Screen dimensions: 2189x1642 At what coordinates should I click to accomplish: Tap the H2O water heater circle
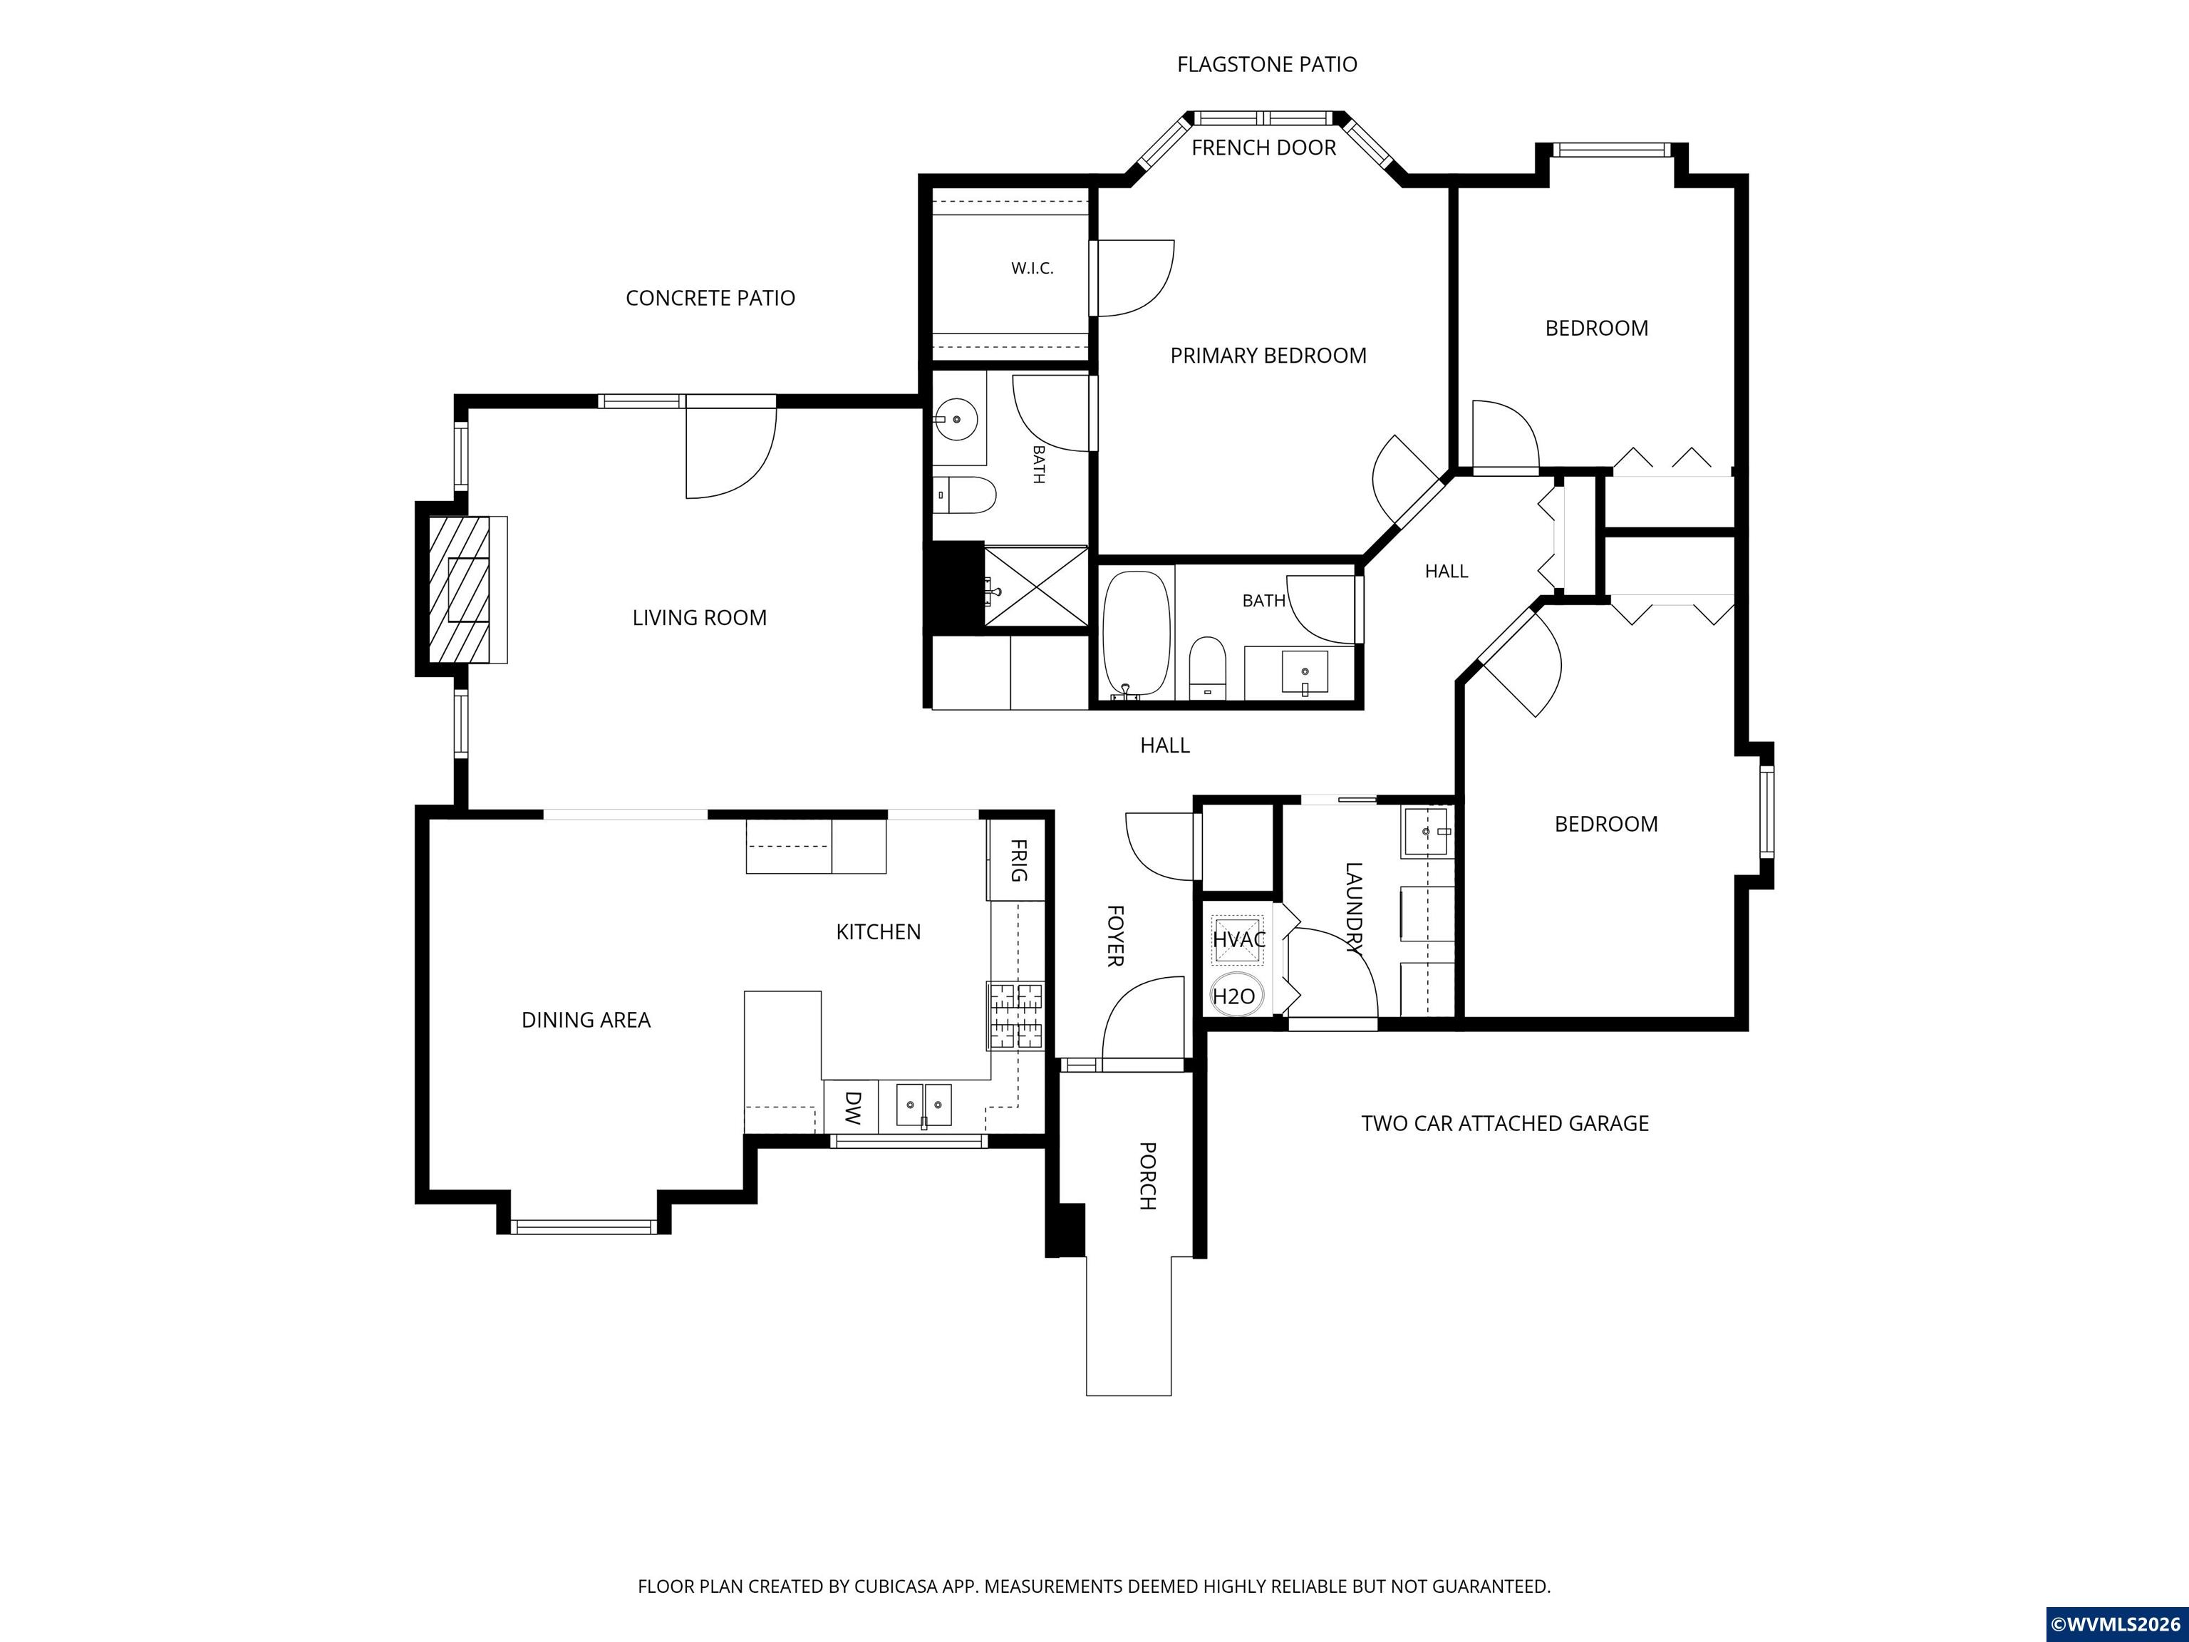[x=1234, y=996]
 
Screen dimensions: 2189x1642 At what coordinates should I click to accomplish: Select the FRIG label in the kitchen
[x=1018, y=860]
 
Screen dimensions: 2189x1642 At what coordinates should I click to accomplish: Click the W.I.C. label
[x=1033, y=268]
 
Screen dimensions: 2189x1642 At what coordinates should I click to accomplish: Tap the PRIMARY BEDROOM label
[x=1268, y=356]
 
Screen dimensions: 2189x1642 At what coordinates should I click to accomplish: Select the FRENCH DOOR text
[x=1263, y=148]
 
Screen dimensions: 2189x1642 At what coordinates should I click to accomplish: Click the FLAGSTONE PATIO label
[x=1267, y=64]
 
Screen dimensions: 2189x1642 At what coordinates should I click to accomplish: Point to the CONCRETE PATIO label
[x=710, y=298]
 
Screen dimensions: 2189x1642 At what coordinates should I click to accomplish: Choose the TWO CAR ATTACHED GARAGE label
[x=1505, y=1123]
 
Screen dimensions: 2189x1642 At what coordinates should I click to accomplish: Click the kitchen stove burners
[x=1015, y=1016]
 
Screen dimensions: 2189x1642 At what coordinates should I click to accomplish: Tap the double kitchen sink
[x=924, y=1105]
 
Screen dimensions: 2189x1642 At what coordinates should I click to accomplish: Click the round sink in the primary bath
[x=957, y=420]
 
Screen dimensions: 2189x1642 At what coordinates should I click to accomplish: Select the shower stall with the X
[x=1035, y=587]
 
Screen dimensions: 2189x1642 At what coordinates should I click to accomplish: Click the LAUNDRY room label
[x=1354, y=909]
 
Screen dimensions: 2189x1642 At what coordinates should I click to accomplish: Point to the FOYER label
[x=1114, y=935]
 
